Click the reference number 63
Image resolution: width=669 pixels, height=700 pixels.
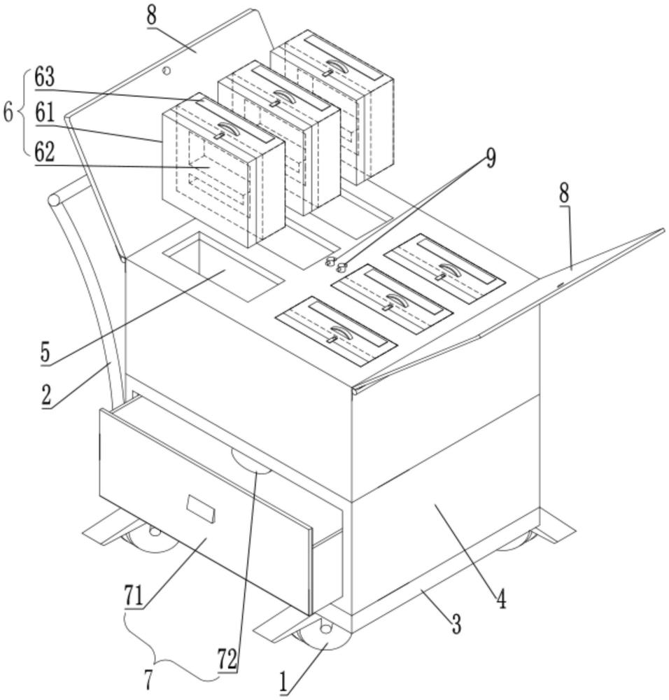tap(45, 78)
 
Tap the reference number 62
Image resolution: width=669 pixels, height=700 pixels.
tap(45, 152)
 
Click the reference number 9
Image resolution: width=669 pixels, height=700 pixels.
tap(491, 157)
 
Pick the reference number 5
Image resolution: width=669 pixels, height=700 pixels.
tap(45, 353)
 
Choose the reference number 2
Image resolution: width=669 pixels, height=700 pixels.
tap(46, 395)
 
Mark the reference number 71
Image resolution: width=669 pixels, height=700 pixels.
tap(134, 596)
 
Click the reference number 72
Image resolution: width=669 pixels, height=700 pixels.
tap(227, 659)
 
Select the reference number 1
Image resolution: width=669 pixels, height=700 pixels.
tap(283, 684)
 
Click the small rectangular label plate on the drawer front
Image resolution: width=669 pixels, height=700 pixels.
tap(201, 509)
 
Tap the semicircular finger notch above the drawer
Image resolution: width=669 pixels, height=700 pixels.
tap(251, 461)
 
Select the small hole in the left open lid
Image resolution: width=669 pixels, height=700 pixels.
tap(167, 71)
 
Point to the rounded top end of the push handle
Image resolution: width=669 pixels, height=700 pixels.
tap(55, 199)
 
